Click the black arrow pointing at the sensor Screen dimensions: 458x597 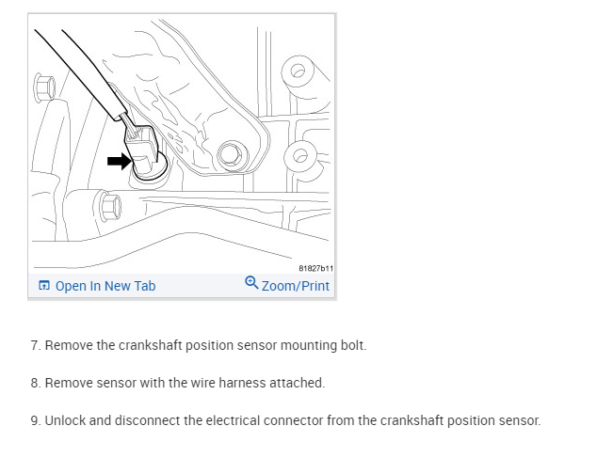tap(119, 162)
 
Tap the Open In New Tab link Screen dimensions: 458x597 tap(105, 286)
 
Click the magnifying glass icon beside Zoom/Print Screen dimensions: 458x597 tap(251, 283)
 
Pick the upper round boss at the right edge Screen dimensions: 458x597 tap(300, 71)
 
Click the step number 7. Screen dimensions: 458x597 tap(36, 345)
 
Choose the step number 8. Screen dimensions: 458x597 tap(36, 383)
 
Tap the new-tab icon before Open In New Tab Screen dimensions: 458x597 tap(43, 286)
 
